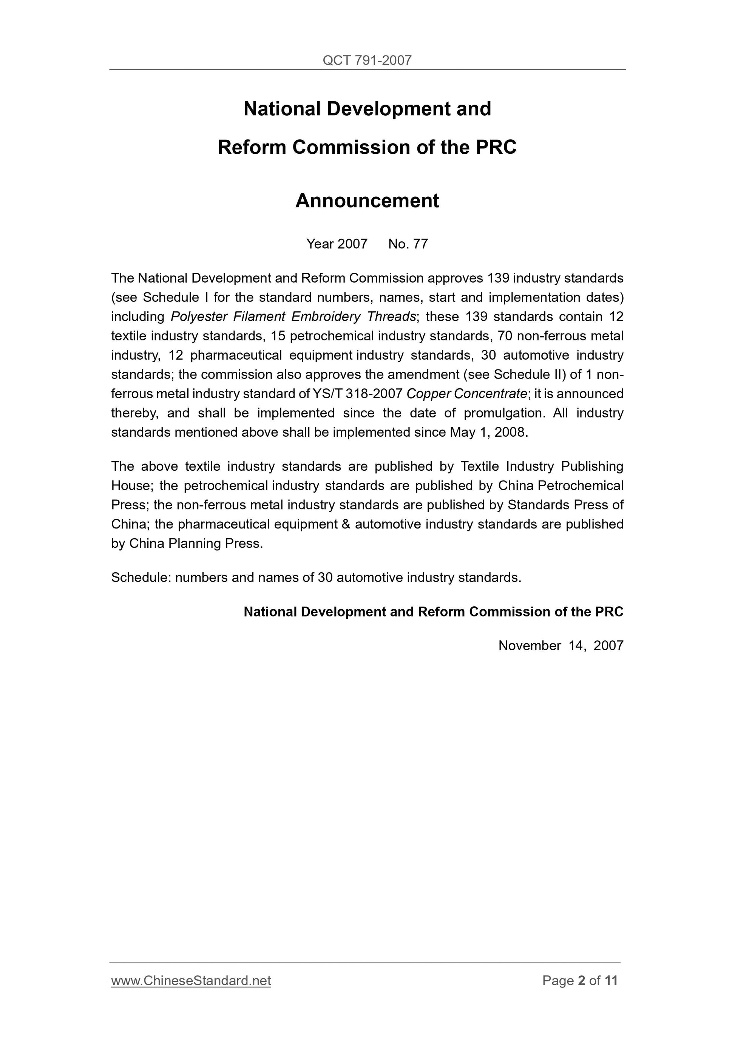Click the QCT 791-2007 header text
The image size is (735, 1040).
[367, 60]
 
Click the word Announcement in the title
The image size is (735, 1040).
[367, 201]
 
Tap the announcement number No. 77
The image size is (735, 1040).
[408, 244]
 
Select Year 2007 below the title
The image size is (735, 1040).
[337, 244]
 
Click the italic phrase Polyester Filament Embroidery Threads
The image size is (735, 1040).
[293, 317]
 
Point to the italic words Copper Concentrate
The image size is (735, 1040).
[466, 394]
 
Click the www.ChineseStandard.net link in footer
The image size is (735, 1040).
[191, 981]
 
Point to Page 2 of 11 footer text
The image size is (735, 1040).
[580, 981]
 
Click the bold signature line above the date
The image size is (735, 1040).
[433, 612]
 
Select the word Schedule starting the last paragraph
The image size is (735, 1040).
[139, 578]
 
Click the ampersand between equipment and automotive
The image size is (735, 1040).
[346, 524]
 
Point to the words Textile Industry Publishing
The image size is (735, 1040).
[542, 466]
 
